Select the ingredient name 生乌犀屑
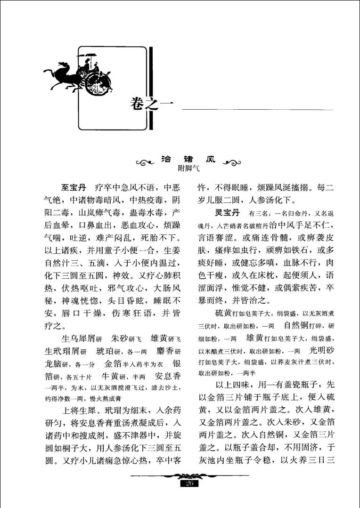79,339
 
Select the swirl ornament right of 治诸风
231,163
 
